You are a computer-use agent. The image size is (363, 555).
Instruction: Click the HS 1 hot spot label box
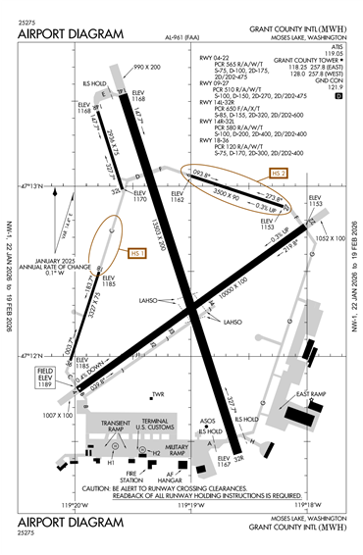(137, 252)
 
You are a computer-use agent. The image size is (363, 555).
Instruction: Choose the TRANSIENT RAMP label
(109, 428)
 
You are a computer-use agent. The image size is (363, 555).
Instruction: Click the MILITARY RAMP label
(177, 450)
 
